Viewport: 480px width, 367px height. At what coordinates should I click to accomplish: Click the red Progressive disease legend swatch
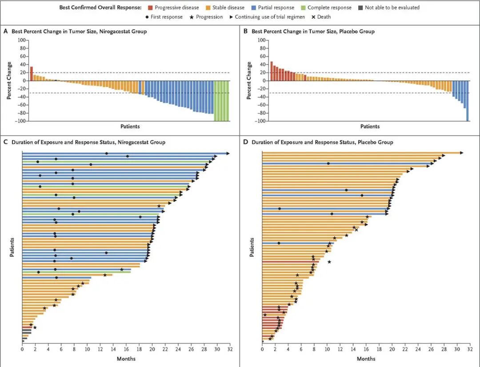[150, 8]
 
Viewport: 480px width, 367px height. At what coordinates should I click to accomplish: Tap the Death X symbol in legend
[313, 17]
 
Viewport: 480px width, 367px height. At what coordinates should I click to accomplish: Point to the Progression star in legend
[192, 17]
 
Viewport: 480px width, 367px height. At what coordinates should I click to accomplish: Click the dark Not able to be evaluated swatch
[360, 8]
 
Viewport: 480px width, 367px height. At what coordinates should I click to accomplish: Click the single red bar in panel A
[31, 74]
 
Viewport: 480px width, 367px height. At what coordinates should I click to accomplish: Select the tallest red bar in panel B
[272, 72]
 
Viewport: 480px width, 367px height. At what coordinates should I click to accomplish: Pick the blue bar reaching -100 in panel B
[468, 101]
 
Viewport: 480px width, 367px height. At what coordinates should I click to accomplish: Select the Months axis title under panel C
[126, 359]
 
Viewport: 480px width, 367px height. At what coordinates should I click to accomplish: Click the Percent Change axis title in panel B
[249, 80]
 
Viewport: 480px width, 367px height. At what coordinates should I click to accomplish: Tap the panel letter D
[245, 142]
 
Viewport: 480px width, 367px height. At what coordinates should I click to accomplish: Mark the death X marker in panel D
[356, 230]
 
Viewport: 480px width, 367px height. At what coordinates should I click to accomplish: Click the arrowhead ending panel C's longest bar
[228, 153]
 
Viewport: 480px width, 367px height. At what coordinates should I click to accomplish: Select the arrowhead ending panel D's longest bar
[462, 152]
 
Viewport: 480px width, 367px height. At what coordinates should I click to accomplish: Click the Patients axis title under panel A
[130, 127]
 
